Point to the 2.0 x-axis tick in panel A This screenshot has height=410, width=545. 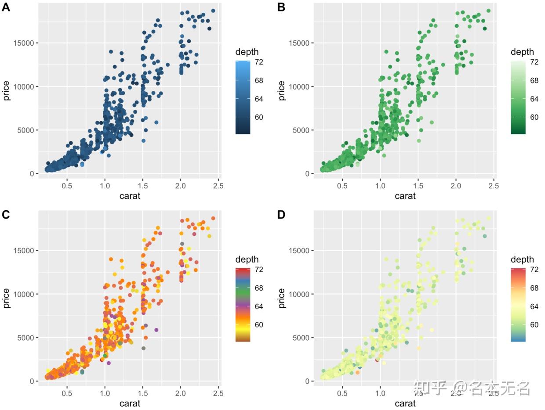pos(180,186)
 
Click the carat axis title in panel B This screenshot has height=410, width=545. pos(405,196)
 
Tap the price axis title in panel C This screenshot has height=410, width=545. pos(7,298)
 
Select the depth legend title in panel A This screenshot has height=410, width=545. pos(247,52)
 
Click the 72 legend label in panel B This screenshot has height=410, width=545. pos(534,62)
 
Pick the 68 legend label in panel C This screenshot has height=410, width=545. pos(259,288)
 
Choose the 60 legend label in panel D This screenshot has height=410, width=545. pos(534,325)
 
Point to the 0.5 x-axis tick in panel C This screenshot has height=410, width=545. pos(67,393)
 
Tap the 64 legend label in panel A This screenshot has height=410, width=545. pos(259,99)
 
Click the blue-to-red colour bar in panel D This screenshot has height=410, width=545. pos(518,305)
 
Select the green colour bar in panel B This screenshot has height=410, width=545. pos(518,97)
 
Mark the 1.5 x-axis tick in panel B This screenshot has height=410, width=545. pos(418,186)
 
